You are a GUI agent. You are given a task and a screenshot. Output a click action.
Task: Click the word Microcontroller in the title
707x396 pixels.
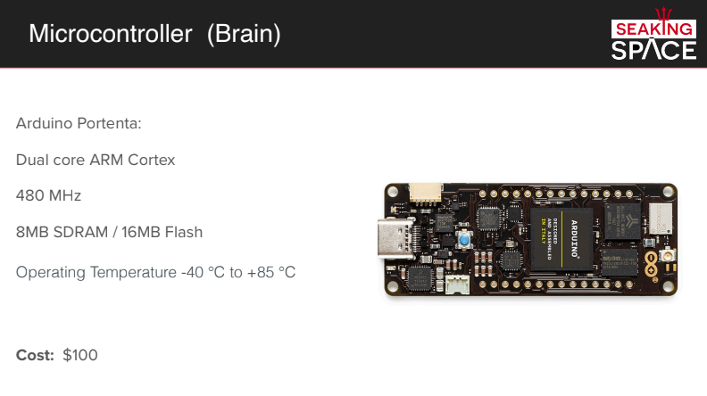(x=111, y=34)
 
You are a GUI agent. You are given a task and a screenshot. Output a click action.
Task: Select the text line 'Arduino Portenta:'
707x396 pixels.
(x=79, y=123)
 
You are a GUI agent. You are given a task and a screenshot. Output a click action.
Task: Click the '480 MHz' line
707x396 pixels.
(x=48, y=195)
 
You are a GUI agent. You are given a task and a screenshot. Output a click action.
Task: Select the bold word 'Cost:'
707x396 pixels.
(x=36, y=355)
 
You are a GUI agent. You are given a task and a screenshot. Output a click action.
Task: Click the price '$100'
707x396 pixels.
(x=80, y=355)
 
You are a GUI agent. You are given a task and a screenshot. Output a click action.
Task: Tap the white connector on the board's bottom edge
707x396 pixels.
(x=457, y=284)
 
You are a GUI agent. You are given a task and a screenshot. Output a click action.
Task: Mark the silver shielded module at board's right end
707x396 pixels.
(x=659, y=217)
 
